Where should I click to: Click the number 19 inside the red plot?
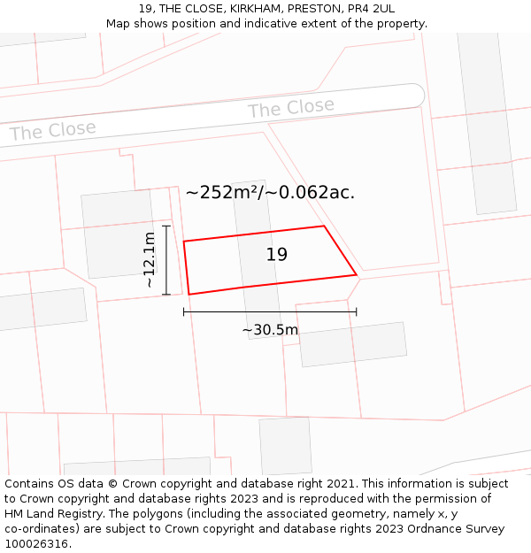(x=277, y=255)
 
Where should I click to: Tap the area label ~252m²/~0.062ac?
(x=270, y=192)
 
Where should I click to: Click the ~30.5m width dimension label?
(x=270, y=330)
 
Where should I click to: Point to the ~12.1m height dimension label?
(x=150, y=260)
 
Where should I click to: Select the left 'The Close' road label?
(x=52, y=131)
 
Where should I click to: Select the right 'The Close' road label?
(x=291, y=109)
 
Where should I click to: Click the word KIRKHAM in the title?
(x=248, y=9)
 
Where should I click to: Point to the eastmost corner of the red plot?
(x=357, y=275)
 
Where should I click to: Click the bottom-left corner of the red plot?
(x=189, y=295)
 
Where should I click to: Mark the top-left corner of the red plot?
(x=183, y=241)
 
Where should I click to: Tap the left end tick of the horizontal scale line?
(x=183, y=311)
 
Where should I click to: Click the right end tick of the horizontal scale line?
(x=357, y=311)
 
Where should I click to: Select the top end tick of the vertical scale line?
(x=165, y=227)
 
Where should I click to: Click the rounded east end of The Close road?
(x=417, y=95)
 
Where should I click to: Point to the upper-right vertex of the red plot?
(x=324, y=226)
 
